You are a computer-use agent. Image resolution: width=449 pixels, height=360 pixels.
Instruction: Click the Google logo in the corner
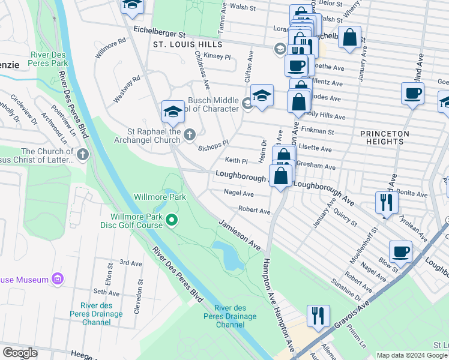(x=19, y=353)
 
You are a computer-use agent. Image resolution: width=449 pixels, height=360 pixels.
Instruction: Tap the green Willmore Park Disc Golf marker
(x=172, y=221)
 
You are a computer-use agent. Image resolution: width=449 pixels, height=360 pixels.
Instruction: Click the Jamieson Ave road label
(x=240, y=235)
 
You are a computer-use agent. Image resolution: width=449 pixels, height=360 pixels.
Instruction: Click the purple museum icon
(x=58, y=279)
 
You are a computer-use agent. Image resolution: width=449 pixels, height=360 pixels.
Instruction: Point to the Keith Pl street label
(x=236, y=161)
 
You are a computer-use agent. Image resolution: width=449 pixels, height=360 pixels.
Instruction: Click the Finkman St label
(x=319, y=131)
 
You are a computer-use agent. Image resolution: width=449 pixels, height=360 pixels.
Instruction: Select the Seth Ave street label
(x=107, y=293)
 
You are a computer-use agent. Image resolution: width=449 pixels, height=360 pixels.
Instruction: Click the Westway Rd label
(x=127, y=87)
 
